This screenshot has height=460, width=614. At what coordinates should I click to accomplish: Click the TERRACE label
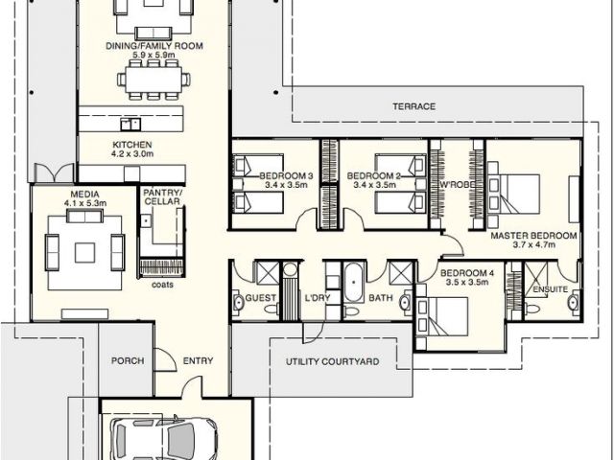click(x=413, y=106)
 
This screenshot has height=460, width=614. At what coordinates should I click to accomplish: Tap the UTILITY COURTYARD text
click(x=333, y=361)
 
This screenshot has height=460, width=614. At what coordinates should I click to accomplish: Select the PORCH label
click(x=128, y=360)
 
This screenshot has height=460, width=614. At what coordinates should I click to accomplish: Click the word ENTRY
click(x=199, y=360)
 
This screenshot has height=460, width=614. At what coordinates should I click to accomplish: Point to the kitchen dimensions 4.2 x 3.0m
click(x=132, y=153)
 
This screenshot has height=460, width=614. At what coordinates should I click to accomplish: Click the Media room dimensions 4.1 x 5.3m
click(x=85, y=203)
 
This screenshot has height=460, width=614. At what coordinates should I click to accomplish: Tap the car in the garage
click(x=164, y=438)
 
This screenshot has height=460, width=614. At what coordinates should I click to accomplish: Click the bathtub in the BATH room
click(x=354, y=282)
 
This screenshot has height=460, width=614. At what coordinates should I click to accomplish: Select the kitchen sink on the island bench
click(x=130, y=125)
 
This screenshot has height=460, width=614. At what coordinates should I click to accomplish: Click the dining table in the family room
click(x=153, y=79)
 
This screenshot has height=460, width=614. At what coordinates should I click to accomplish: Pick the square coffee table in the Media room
click(x=84, y=253)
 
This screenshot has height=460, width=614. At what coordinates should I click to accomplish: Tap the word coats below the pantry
click(x=162, y=285)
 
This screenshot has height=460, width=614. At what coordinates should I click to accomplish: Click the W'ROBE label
click(x=458, y=184)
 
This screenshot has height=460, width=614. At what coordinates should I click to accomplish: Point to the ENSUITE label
click(x=550, y=289)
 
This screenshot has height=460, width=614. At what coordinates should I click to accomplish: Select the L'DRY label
click(x=318, y=298)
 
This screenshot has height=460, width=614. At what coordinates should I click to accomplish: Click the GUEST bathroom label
click(x=260, y=298)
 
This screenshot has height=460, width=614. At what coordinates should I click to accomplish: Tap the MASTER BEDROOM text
click(x=533, y=236)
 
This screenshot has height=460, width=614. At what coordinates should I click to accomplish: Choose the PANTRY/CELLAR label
click(x=162, y=197)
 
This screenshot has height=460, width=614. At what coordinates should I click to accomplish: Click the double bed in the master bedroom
click(x=514, y=194)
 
